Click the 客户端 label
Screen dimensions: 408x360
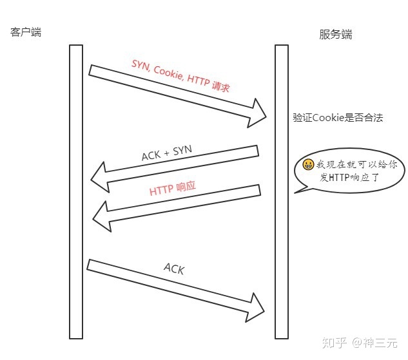26,32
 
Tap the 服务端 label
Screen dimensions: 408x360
336,35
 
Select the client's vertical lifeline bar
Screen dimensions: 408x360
76,192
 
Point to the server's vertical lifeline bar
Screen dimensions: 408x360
282,192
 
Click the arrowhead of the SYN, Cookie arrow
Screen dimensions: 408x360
258,113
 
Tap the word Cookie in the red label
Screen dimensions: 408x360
168,72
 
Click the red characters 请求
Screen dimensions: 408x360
221,86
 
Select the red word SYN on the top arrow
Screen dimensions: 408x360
141,65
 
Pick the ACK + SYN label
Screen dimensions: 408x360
167,153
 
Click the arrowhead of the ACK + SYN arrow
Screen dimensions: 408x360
100,177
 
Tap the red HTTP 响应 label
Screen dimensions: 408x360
173,189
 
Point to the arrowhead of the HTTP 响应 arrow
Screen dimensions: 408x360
102,216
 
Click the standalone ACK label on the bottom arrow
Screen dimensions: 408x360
174,269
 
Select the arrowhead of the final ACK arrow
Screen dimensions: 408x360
255,308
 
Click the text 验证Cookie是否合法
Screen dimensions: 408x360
338,118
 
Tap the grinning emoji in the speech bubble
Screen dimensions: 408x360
308,164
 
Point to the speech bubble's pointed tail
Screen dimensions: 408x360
295,193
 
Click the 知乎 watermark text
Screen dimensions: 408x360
335,343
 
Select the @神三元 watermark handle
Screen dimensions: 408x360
375,343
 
